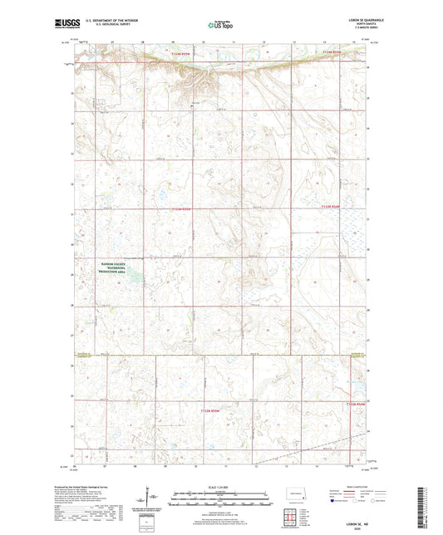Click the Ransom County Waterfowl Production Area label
(x=113, y=269)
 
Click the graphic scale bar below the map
(x=221, y=501)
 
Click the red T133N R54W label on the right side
(x=332, y=209)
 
